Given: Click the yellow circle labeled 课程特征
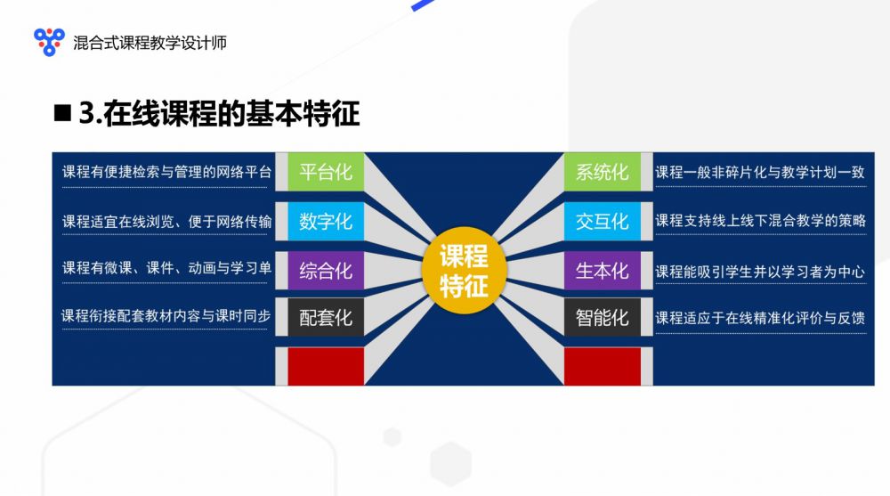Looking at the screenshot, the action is (x=464, y=271).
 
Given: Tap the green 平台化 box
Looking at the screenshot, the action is (x=326, y=172).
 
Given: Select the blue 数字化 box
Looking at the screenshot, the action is (x=326, y=221).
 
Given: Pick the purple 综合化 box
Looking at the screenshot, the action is (x=326, y=271).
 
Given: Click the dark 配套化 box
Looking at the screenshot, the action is (x=326, y=317).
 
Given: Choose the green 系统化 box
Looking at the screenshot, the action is (x=603, y=172).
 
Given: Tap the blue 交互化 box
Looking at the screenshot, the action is (x=603, y=221).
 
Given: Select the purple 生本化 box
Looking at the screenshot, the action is (x=603, y=271).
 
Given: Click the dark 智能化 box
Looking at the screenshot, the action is (x=603, y=317).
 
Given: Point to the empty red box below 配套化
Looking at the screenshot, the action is (x=326, y=367).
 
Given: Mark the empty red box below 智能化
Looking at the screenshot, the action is (x=603, y=367).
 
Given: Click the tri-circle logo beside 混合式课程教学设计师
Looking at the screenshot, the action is (x=49, y=42).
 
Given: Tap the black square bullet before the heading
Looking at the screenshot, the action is (x=62, y=113).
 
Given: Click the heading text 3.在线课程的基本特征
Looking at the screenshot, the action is (x=219, y=114).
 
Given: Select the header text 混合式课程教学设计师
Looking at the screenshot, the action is (x=150, y=43).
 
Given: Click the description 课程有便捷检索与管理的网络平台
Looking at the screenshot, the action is (x=167, y=172).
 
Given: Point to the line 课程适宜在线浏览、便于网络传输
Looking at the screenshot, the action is (x=167, y=222).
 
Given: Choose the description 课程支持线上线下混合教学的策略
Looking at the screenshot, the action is (x=761, y=221).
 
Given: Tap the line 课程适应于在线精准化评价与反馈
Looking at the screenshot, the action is (x=761, y=318).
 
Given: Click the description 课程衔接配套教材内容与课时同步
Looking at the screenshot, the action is (x=166, y=316).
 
